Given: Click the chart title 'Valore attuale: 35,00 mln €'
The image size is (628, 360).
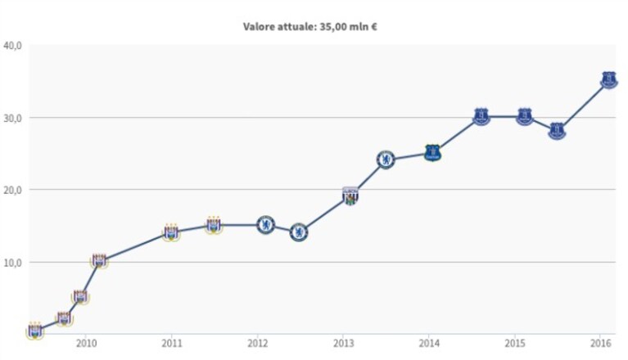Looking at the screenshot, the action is click(310, 27).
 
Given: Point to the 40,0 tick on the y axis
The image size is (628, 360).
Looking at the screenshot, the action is click(12, 46).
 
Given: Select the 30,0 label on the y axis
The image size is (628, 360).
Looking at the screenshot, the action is click(12, 119).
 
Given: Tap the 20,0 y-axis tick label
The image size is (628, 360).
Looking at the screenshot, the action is click(12, 190).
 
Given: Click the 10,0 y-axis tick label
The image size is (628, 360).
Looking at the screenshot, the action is click(12, 263).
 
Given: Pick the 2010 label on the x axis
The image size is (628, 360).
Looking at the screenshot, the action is click(87, 343).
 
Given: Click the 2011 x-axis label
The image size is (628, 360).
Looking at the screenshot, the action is click(172, 343).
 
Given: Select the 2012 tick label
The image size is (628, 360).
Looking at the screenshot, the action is click(258, 343).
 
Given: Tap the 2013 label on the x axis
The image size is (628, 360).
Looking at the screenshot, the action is click(344, 343).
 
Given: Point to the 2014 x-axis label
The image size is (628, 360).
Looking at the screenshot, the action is click(429, 343).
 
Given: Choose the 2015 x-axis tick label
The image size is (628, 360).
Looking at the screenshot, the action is click(515, 343).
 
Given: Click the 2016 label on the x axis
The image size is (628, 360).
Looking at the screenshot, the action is click(601, 343).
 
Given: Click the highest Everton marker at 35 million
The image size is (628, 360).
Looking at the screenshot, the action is click(609, 80).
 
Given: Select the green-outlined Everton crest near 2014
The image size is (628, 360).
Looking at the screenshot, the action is click(432, 153).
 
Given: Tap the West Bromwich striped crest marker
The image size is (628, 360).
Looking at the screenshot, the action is click(350, 196).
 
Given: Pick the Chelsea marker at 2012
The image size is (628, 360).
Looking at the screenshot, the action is click(265, 225).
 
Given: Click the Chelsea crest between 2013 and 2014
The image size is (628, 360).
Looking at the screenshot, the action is click(386, 160).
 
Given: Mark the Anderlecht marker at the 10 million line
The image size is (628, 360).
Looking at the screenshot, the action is click(99, 261).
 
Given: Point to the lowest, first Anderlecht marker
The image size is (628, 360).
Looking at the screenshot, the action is click(35, 331).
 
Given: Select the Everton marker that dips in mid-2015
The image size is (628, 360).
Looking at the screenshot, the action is click(557, 131).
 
